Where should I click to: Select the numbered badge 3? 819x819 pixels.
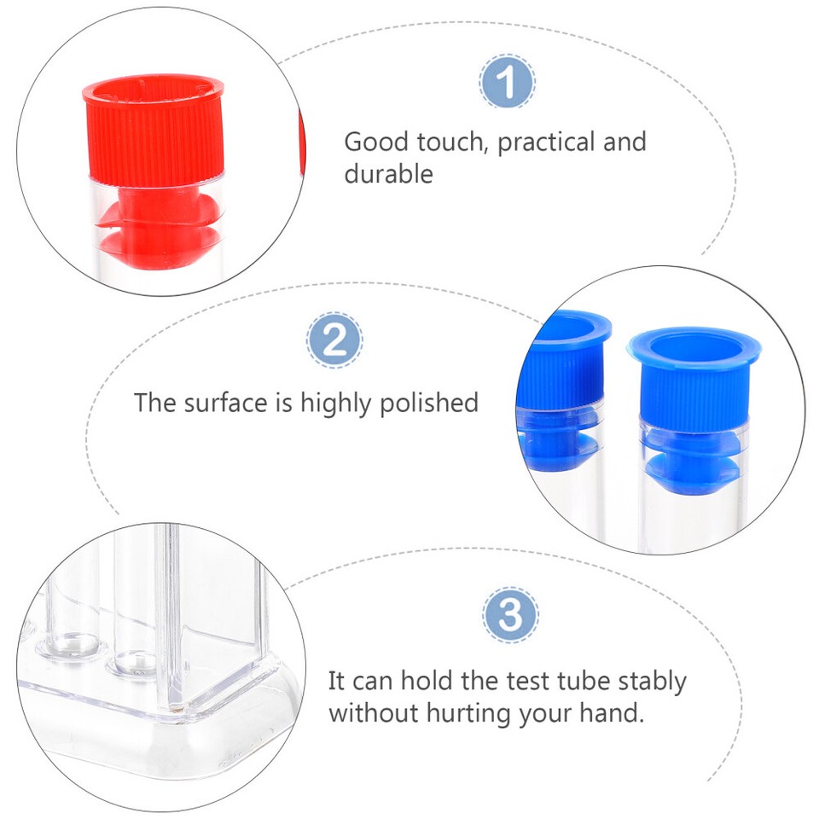(x=510, y=614)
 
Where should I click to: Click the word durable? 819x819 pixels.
(x=388, y=174)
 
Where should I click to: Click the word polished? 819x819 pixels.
(x=428, y=403)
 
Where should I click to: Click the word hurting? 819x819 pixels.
(x=462, y=713)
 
